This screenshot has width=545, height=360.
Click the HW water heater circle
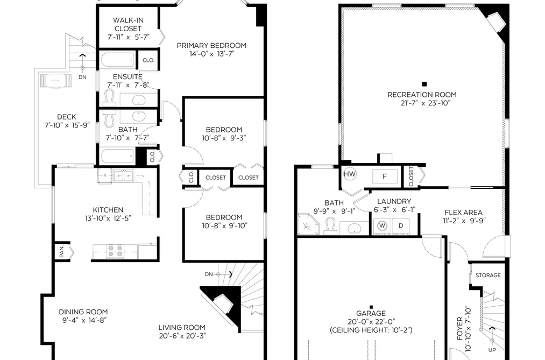point(350,174)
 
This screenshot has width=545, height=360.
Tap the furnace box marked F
point(385,176)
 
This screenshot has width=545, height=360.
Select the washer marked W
point(382,225)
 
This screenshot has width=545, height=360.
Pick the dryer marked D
point(400,225)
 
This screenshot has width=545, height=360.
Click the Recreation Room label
point(422,95)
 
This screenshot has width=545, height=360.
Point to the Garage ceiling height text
point(371,330)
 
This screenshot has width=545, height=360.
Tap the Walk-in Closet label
point(128,24)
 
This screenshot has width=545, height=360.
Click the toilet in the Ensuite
point(109,97)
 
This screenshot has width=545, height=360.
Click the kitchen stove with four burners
point(115,252)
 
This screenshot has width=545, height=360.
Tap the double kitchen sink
point(123,175)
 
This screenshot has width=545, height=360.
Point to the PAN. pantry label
point(61,252)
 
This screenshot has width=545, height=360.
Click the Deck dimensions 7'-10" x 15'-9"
point(67,125)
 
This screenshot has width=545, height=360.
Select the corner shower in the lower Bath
point(308,224)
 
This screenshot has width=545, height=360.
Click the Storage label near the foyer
point(488,275)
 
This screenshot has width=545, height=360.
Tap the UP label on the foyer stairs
point(492,350)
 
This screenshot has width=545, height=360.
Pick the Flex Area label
point(463,213)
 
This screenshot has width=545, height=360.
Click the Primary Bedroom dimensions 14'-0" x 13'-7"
point(212,54)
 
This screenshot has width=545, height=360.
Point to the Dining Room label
point(83,312)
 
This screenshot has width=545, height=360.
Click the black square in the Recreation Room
point(424,84)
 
